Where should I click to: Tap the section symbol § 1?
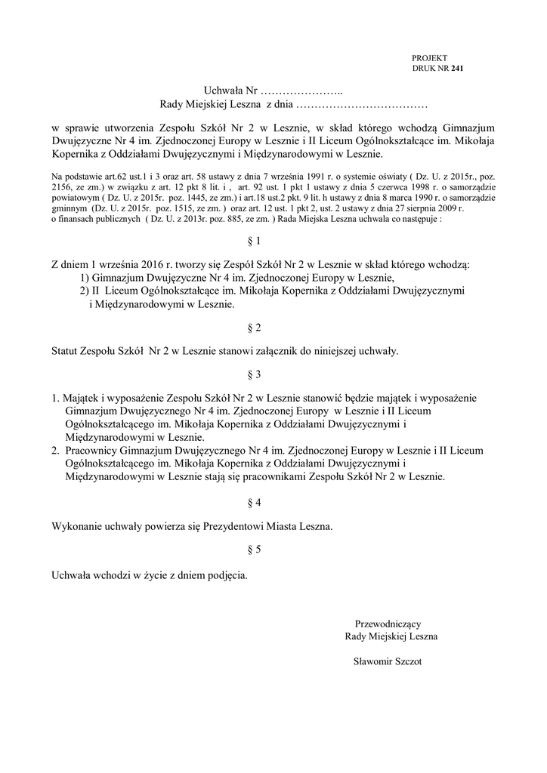click(253, 242)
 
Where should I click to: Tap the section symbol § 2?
click(253, 328)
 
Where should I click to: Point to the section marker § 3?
click(253, 374)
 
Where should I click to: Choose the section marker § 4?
click(253, 502)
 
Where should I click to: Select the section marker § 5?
click(253, 550)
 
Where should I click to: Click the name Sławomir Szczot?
click(387, 661)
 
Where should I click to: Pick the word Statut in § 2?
click(66, 351)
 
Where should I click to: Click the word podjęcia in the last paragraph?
click(226, 574)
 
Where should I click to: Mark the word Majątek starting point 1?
click(82, 397)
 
